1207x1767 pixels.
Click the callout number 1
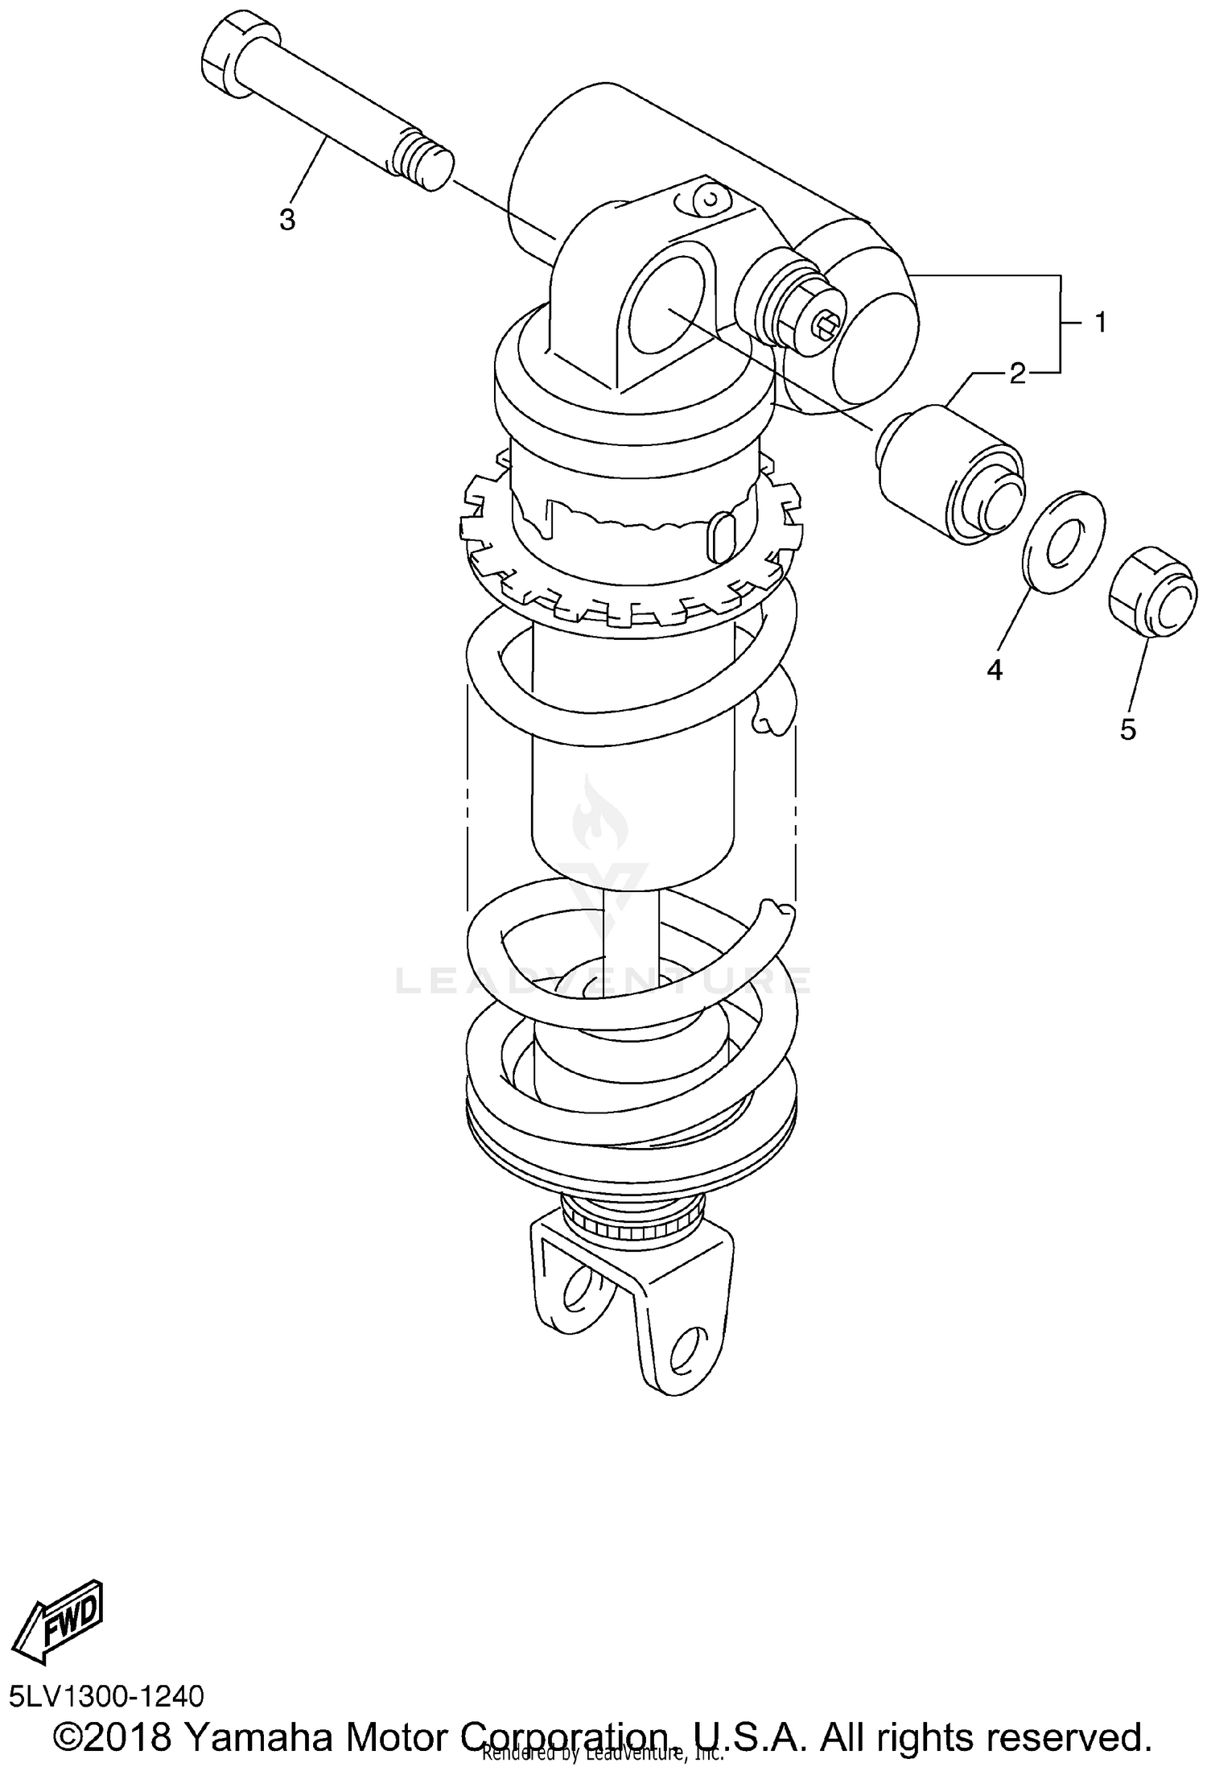1099,324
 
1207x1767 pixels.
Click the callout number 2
1017,374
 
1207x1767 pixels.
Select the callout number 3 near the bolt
287,219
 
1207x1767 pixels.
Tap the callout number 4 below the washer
995,669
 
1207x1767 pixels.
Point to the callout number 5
1127,729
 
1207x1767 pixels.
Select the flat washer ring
1064,541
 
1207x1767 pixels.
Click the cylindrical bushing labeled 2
950,475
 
